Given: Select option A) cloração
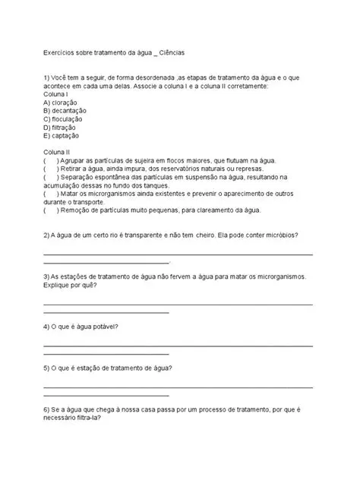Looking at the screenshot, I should coord(63,102).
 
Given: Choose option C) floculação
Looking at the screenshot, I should coord(65,119).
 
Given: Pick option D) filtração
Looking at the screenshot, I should coord(62,128).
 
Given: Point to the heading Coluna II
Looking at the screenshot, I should coord(58,153).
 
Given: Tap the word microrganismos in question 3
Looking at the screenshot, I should coord(276,277).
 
